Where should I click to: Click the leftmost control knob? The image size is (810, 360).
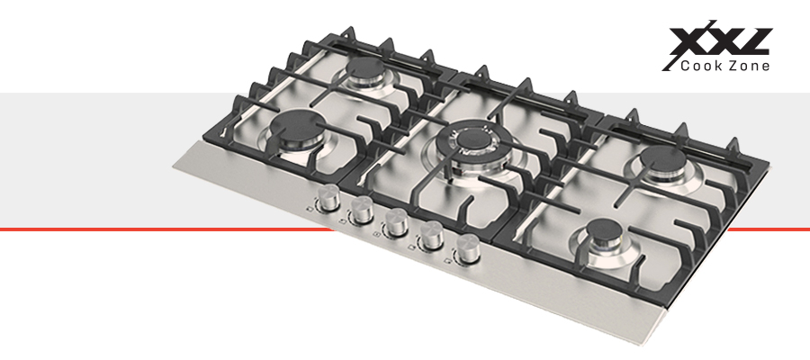pyautogui.click(x=328, y=198)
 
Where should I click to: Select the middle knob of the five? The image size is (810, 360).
pyautogui.click(x=396, y=222)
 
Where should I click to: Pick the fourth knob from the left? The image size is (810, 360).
pyautogui.click(x=431, y=236)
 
